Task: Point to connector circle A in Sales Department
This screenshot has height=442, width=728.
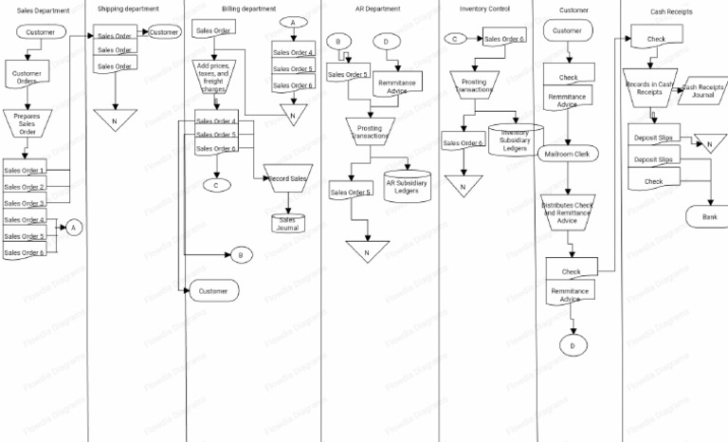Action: pyautogui.click(x=74, y=227)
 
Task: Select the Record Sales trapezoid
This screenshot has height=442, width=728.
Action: pyautogui.click(x=286, y=179)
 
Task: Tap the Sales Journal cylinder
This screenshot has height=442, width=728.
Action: pyautogui.click(x=286, y=224)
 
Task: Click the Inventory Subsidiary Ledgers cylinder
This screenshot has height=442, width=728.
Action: pyautogui.click(x=515, y=140)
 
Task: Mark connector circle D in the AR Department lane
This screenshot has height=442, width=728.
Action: pyautogui.click(x=386, y=42)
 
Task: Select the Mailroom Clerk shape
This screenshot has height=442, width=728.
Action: pyautogui.click(x=569, y=154)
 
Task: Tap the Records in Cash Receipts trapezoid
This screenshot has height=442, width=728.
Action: pyautogui.click(x=649, y=88)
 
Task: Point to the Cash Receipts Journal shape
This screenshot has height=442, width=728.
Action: pyautogui.click(x=702, y=89)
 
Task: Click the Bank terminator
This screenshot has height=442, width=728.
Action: pyautogui.click(x=709, y=217)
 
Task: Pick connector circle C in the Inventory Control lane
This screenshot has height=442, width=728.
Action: pyautogui.click(x=456, y=39)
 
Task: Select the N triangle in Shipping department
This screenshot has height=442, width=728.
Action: pyautogui.click(x=115, y=120)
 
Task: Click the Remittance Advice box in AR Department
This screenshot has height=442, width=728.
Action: pyautogui.click(x=398, y=83)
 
